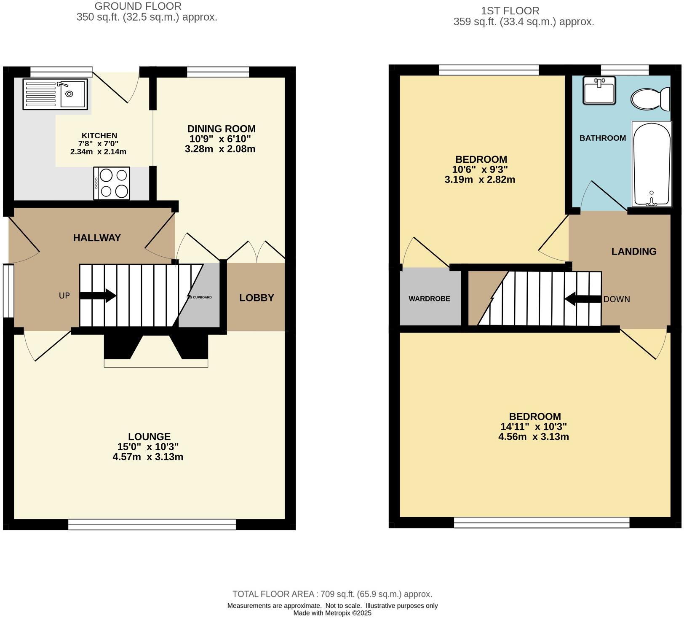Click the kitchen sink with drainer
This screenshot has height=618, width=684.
point(55,94)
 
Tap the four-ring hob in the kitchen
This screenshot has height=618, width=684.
point(112,183)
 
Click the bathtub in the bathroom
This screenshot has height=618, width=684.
point(651,164)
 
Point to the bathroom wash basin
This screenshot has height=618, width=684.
point(599,90)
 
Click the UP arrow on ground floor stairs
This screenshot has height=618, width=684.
point(98,296)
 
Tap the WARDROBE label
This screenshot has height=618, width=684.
point(429,298)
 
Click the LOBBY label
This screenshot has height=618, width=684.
point(256,298)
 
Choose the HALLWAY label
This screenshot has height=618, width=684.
point(97,238)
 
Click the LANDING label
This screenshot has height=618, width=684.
point(633,252)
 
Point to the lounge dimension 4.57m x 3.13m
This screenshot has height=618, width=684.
point(148,457)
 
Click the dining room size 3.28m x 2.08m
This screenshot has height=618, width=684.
point(220,149)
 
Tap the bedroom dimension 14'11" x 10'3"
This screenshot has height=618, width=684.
point(534,427)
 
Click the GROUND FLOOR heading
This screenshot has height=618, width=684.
point(138,6)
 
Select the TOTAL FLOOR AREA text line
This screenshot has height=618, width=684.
point(332,594)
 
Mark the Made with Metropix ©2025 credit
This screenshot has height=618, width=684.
point(332,613)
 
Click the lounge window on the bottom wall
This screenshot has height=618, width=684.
point(152,524)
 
